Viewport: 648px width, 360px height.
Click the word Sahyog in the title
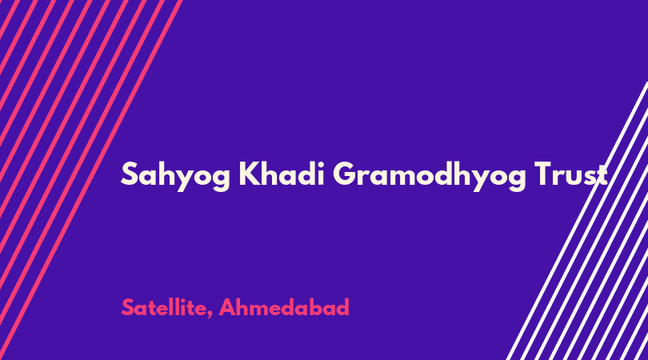(176, 176)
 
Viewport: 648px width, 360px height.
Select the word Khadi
(281, 173)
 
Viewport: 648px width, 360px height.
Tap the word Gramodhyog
(430, 176)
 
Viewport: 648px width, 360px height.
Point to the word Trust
(570, 174)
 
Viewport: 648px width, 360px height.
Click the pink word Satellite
(164, 307)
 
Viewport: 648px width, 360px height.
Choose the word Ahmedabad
(284, 307)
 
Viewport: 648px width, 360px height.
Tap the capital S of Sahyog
(129, 174)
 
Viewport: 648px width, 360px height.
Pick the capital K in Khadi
(248, 174)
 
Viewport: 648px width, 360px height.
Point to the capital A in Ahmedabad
(227, 307)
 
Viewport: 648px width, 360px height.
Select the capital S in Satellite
(128, 307)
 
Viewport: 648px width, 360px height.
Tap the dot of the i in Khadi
(319, 163)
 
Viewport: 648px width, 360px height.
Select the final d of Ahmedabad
(342, 307)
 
